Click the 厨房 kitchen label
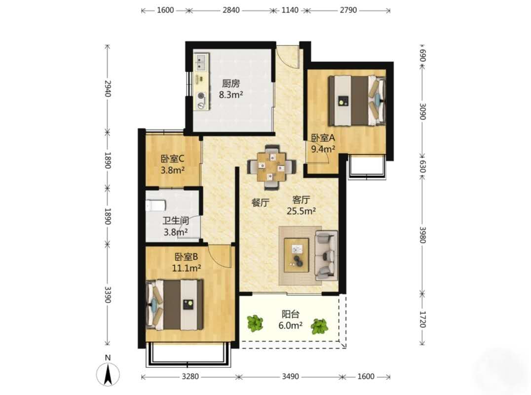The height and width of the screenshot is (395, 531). [x=231, y=83]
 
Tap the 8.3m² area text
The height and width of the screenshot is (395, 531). [x=231, y=95]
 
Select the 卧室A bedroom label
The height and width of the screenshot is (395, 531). [x=323, y=138]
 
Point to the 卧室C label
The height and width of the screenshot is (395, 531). [x=172, y=158]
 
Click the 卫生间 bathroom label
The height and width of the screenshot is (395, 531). [x=176, y=221]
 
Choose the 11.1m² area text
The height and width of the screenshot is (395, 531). [x=187, y=268]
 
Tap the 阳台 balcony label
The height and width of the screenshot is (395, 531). [x=291, y=315]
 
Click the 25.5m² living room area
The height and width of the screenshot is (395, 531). [x=302, y=211]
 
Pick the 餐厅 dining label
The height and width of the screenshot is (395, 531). [x=260, y=202]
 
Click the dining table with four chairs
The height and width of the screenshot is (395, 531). [x=272, y=166]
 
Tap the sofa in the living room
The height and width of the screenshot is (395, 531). [x=327, y=256]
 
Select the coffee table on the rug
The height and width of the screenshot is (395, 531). [x=297, y=255]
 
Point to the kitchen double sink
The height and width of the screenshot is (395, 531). [x=201, y=63]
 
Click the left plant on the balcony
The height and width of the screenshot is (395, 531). [x=255, y=323]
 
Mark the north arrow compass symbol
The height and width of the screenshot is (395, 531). [x=108, y=374]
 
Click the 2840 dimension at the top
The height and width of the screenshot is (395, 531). [x=231, y=10]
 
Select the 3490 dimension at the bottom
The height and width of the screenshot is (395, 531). [x=291, y=376]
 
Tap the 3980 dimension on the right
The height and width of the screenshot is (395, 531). [x=422, y=235]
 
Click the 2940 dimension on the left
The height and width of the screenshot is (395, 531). [x=108, y=88]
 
